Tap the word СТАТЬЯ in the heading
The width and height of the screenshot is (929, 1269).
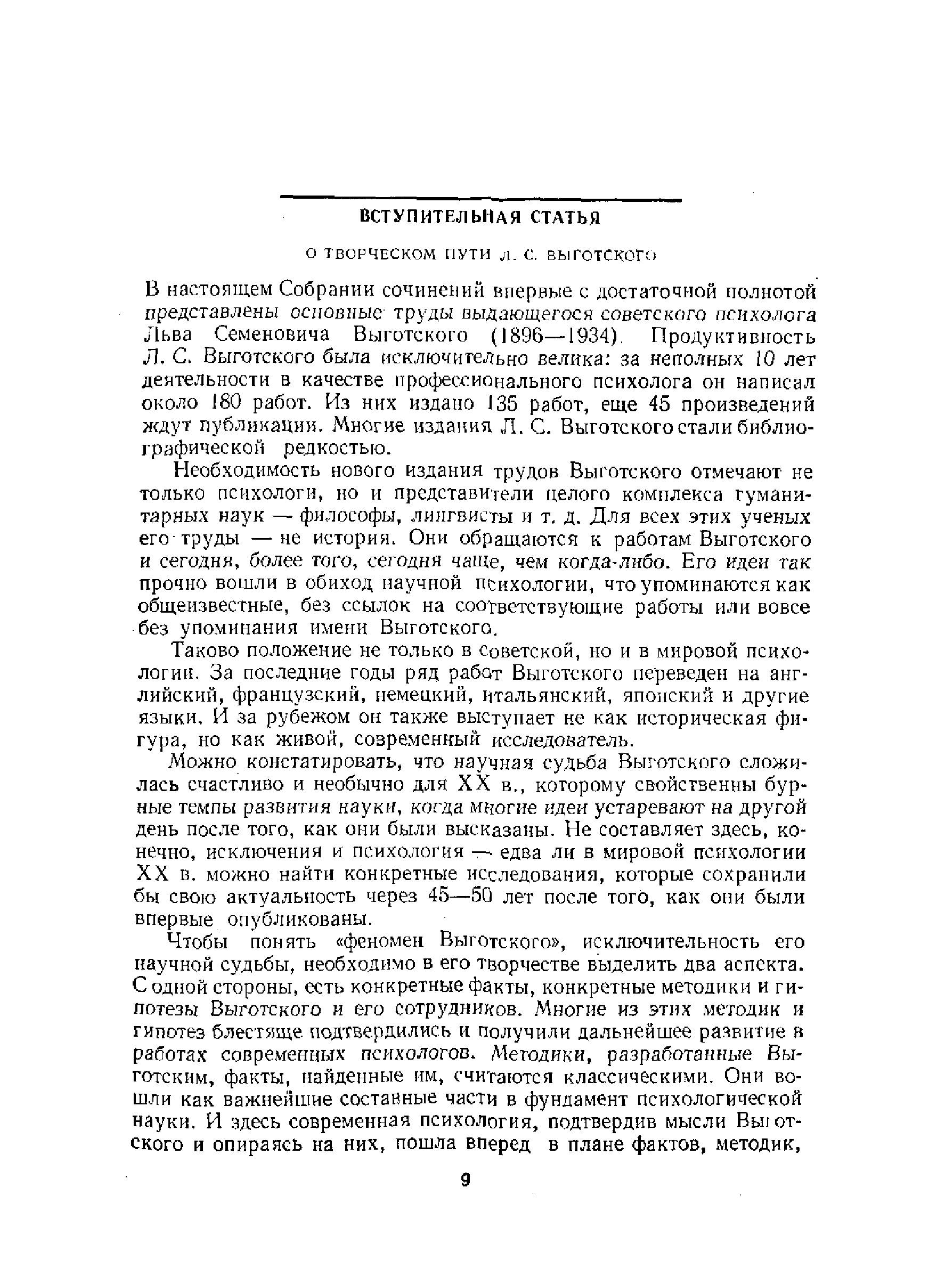click(x=566, y=217)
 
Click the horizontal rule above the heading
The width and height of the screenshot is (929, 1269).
click(x=481, y=199)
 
